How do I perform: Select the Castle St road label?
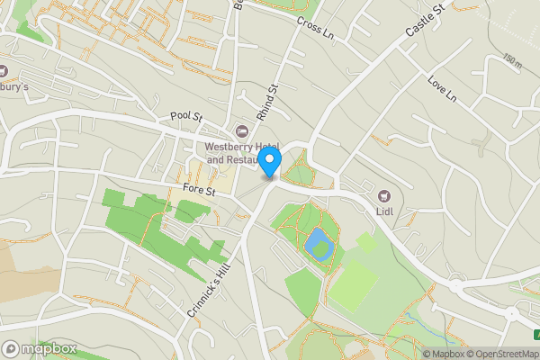pyautogui.click(x=425, y=20)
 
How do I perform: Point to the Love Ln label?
pyautogui.click(x=442, y=87)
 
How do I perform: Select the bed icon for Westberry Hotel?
pyautogui.click(x=240, y=131)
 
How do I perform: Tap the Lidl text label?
pyautogui.click(x=386, y=213)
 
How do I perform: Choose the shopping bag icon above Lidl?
pyautogui.click(x=385, y=195)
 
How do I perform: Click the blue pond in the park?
pyautogui.click(x=317, y=241)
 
